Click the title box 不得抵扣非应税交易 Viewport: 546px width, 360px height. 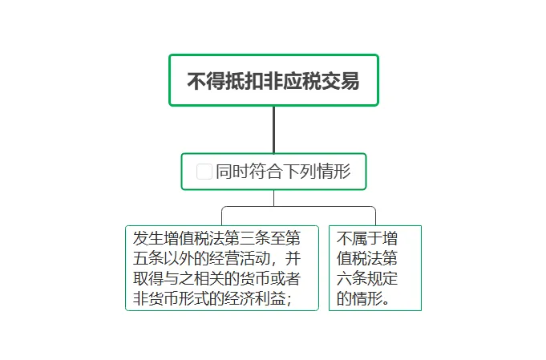coord(273,80)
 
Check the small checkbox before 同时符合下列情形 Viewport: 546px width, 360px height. coord(204,172)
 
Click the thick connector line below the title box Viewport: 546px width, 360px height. coord(273,129)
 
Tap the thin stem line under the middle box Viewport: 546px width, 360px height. coord(273,197)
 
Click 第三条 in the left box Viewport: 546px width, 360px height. coord(250,239)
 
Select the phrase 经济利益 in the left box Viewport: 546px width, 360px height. coord(250,299)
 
